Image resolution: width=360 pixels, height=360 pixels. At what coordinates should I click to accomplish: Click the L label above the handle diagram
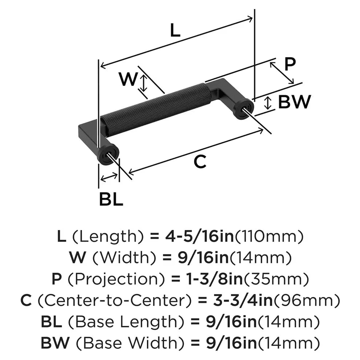175,31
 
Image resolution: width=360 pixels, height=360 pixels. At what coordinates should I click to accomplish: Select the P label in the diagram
289,64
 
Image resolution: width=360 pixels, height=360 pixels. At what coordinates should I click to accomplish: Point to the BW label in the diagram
294,103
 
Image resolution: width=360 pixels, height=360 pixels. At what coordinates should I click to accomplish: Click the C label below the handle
200,162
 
